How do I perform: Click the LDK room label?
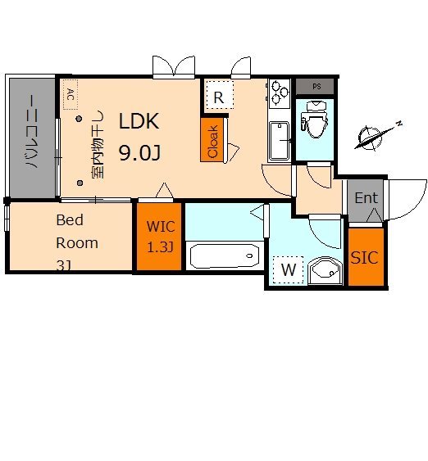point(139,121)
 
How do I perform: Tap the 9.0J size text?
point(140,153)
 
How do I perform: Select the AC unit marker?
point(71,94)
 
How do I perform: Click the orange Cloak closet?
point(212,140)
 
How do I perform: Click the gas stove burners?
point(280,93)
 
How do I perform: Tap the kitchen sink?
point(279,141)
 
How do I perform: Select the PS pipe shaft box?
point(315,87)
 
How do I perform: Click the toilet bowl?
point(315,120)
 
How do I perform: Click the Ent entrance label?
point(367,197)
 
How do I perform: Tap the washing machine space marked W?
point(288,269)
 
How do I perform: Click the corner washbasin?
point(326,271)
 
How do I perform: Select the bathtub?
point(225,256)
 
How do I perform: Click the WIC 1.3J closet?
point(159,237)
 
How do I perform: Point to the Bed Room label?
point(77,232)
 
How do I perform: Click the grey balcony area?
point(32,138)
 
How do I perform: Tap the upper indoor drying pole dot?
point(79,119)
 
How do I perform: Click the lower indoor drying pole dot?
point(80,183)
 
